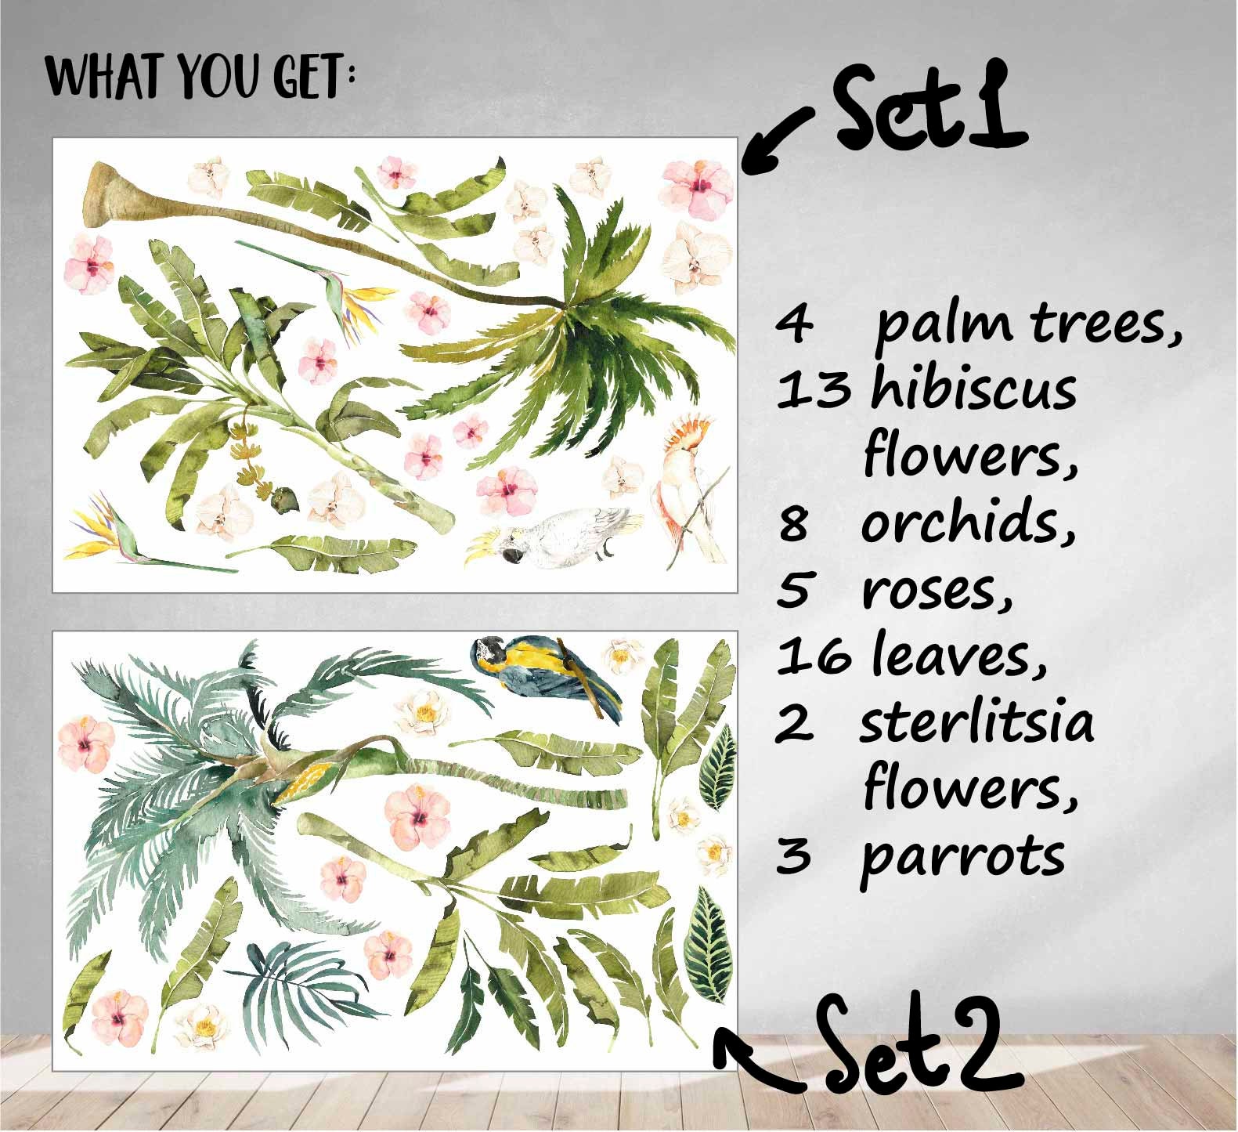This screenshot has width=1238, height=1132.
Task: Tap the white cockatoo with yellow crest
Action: [x=548, y=534]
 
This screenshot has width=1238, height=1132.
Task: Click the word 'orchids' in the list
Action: [x=969, y=523]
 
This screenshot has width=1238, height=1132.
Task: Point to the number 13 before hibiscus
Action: [x=812, y=389]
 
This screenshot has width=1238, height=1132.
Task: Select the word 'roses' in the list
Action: [x=937, y=591]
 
